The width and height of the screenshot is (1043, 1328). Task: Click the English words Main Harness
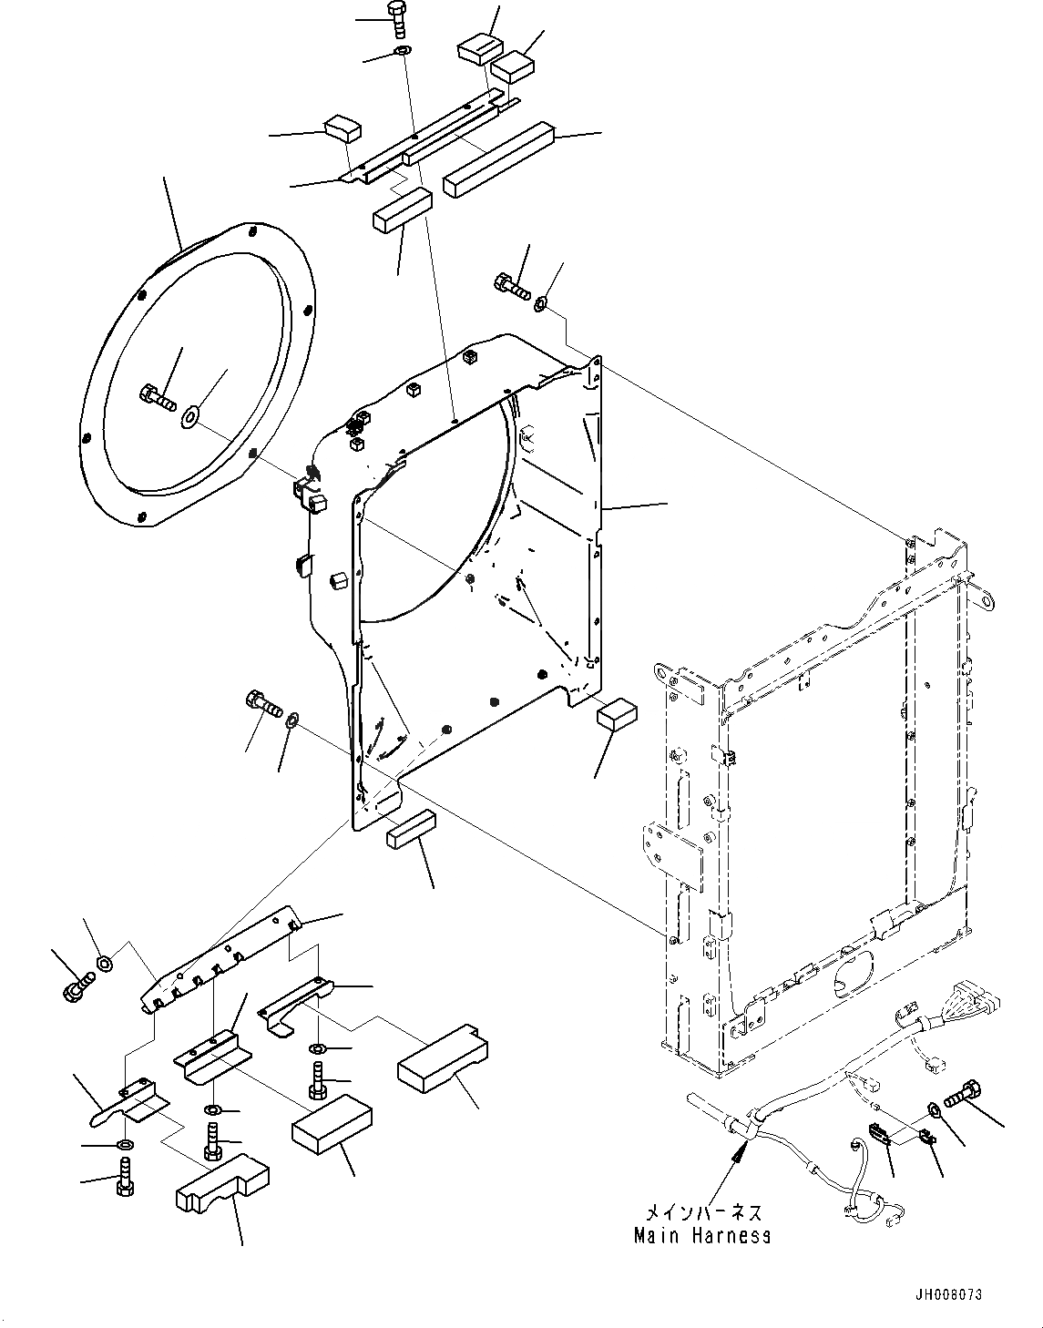click(x=702, y=1236)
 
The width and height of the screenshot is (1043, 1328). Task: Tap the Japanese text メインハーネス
click(x=702, y=1214)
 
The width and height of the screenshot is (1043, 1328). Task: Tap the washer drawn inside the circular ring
click(x=190, y=417)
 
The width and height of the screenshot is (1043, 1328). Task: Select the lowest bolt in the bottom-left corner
click(x=126, y=1184)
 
